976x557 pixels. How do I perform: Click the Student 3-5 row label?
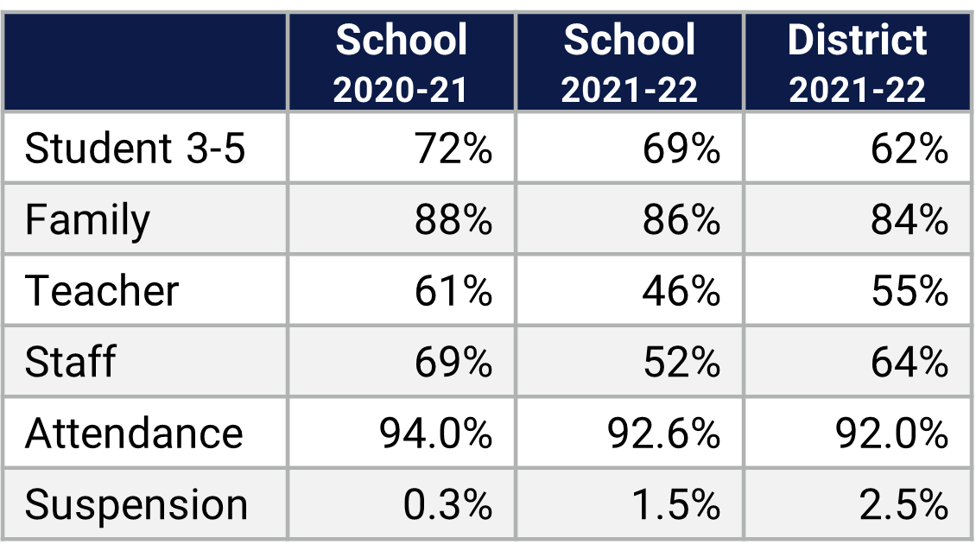tap(136, 149)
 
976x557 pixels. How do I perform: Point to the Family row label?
tap(87, 219)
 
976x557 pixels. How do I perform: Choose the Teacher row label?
tap(102, 290)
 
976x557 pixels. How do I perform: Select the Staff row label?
tap(70, 361)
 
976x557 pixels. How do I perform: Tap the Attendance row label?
tap(134, 432)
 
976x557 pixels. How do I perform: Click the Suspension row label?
tap(136, 503)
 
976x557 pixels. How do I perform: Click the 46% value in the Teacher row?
tap(681, 290)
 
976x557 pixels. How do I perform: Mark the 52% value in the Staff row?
tap(681, 361)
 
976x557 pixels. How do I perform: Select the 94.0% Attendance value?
tap(436, 432)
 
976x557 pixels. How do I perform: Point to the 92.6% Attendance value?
tap(664, 432)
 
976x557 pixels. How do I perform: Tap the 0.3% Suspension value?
tap(448, 503)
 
